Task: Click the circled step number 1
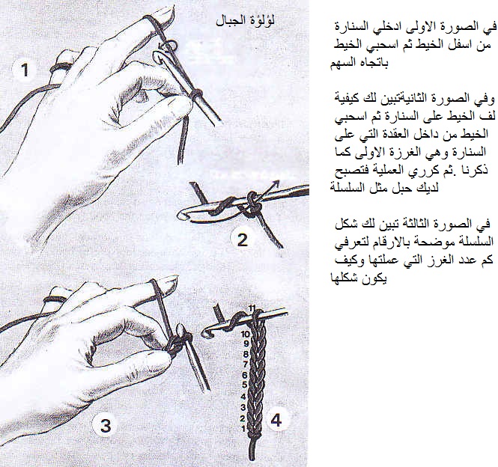pos(25,70)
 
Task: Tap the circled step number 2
pos(243,239)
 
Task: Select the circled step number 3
pos(106,425)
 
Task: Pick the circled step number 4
pos(276,421)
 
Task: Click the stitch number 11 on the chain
pos(252,308)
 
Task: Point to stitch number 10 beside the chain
pos(246,334)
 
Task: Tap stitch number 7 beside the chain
pos(245,364)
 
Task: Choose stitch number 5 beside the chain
pos(244,385)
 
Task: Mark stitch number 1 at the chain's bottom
pos(243,428)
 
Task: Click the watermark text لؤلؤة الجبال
pos(245,21)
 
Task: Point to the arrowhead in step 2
pos(276,183)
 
